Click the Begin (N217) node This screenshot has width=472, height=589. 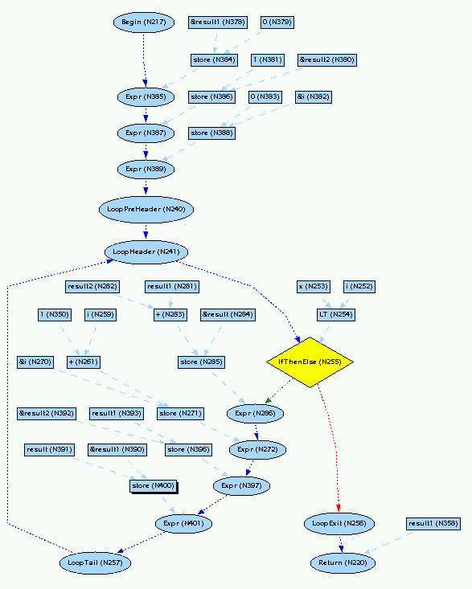pos(144,22)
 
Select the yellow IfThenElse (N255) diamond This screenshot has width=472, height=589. pos(310,362)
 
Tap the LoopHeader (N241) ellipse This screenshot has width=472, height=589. pos(146,252)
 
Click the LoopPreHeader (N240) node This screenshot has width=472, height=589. pos(146,209)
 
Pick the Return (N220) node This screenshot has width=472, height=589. pos(343,563)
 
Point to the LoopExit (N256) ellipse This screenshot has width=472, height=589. pos(335,524)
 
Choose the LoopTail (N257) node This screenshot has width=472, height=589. pos(95,563)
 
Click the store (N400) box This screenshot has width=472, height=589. pos(152,485)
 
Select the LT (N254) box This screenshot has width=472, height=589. pos(335,314)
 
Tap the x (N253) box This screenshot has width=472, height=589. pos(313,287)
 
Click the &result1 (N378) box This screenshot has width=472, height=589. pos(218,22)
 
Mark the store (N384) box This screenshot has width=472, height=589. pos(213,59)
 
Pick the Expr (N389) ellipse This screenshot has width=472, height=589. pos(146,169)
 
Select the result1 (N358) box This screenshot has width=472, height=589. pos(433,524)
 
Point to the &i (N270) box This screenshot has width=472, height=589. pos(35,362)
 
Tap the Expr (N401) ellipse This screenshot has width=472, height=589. pos(183,524)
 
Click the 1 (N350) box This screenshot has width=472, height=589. pos(55,314)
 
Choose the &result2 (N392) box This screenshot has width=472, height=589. pos(47,414)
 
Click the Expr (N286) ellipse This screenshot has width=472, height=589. pos(256,414)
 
